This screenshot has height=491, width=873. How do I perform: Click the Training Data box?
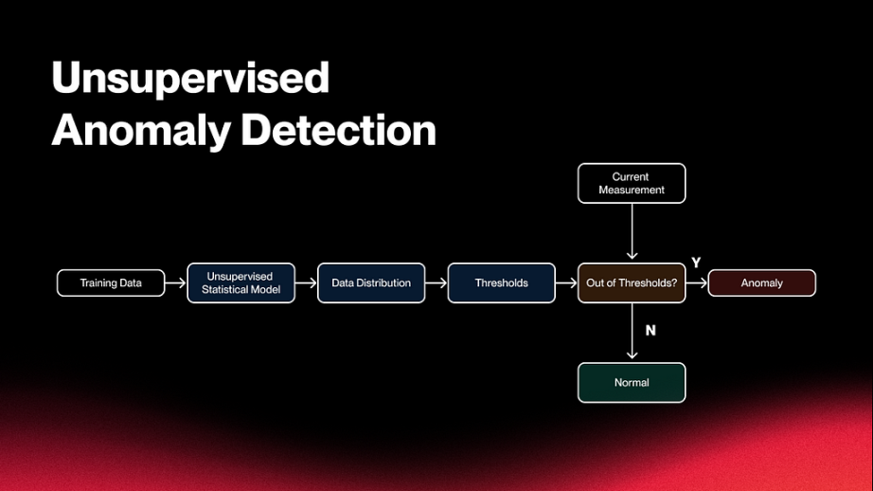coord(111,283)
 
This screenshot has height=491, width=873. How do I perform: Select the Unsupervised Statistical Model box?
coord(241,283)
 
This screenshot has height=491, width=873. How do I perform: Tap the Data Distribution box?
coord(371,283)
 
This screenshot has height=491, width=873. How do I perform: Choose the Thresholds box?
coord(502,283)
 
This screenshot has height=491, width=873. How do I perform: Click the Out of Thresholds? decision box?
coord(632,283)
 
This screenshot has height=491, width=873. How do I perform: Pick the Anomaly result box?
coord(762,283)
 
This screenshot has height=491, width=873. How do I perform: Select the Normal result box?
coord(632,383)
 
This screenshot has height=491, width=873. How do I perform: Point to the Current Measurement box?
coord(632,183)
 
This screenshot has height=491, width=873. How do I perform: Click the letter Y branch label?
coord(696,263)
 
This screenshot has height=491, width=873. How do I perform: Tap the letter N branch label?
coord(650,331)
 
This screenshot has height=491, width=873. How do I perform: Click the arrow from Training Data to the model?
coord(175,283)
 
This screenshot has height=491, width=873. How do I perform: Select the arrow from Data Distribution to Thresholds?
coord(436,283)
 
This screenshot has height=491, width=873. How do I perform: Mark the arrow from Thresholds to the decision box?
coord(566,283)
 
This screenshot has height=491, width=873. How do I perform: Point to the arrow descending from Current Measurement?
coord(632,232)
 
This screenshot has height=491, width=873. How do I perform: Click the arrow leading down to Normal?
coord(632,332)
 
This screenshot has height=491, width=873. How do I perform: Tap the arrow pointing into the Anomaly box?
coord(697,283)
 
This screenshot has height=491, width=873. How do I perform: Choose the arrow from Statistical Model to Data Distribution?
coord(306,283)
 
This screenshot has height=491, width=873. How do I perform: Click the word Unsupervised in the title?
coord(190,79)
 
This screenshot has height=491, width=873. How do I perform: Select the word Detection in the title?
coord(339,131)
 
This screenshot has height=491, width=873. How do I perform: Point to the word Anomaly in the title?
coord(141,132)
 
